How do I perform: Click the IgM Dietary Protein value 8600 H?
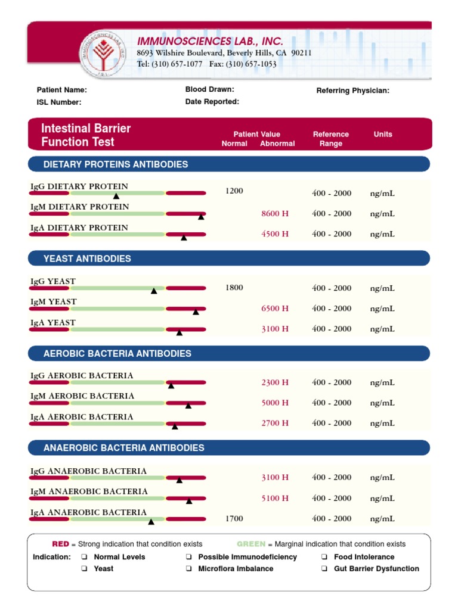(x=275, y=214)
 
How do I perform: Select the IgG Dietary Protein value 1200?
(x=234, y=191)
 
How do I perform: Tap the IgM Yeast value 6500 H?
(x=275, y=309)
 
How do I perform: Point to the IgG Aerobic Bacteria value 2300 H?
(x=275, y=383)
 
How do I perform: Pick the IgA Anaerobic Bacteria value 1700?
(x=234, y=519)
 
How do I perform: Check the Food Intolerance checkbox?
(x=324, y=558)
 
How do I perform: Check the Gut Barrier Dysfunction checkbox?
(x=324, y=569)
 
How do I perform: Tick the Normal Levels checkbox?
(x=84, y=558)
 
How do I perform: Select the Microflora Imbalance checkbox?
(x=188, y=569)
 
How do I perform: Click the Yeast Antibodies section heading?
(x=87, y=259)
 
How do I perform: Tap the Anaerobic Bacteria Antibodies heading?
(x=124, y=448)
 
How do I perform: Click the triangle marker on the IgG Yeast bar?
(x=154, y=291)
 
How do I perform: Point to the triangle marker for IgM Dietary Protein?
(x=201, y=217)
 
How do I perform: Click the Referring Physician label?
(x=352, y=91)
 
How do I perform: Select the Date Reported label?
(x=212, y=102)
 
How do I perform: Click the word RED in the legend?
(x=61, y=544)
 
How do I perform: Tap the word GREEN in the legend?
(x=251, y=544)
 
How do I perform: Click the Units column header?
(x=383, y=135)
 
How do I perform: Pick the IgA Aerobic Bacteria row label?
(x=82, y=417)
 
